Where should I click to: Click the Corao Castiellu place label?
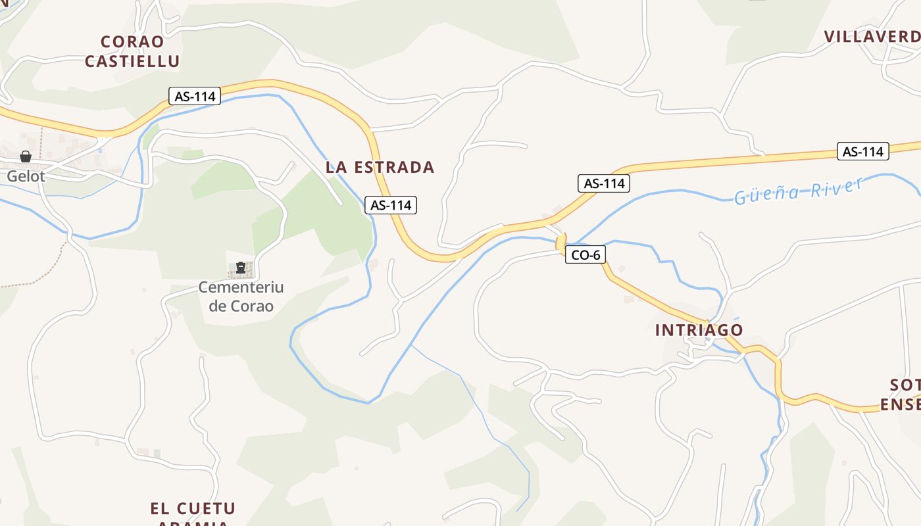click(132, 51)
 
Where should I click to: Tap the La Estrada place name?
click(380, 168)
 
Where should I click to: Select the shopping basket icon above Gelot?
click(26, 156)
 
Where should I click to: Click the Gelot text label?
click(26, 176)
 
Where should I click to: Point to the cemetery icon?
click(241, 268)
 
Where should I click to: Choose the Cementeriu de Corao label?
click(241, 297)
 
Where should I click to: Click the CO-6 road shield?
click(585, 255)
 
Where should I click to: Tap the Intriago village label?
click(699, 330)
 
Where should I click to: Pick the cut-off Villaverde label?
click(872, 37)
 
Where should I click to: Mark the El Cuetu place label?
click(193, 509)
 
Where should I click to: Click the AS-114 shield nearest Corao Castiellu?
click(195, 96)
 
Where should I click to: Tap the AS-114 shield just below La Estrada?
click(391, 205)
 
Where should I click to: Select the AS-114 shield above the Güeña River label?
click(862, 151)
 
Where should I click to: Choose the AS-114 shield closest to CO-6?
click(604, 183)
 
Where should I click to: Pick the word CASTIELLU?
click(132, 62)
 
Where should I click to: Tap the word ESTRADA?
click(394, 168)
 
